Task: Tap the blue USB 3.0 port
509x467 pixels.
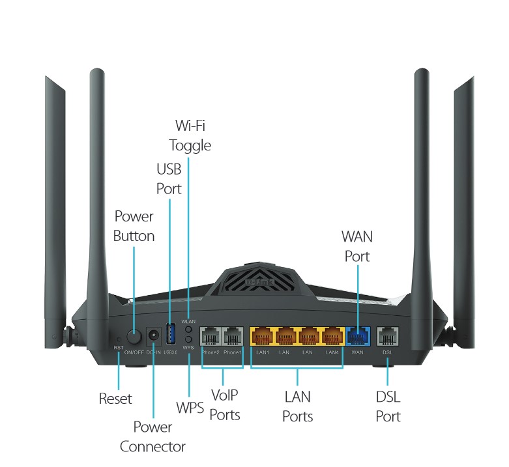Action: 171,334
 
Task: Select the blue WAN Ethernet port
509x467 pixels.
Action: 357,337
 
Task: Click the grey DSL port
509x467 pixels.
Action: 388,337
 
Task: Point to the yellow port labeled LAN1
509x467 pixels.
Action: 263,337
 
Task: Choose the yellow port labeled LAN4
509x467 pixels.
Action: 332,337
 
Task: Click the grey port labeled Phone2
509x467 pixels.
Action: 211,337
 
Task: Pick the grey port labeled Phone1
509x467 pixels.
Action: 233,337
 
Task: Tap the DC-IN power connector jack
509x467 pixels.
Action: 154,337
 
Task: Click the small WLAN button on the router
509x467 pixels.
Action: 188,330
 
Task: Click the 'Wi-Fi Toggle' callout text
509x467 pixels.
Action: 190,135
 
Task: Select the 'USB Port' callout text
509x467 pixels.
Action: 169,179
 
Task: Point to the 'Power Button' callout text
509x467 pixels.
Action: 134,225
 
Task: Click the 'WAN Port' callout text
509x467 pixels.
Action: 357,246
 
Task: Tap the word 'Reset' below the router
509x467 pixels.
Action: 115,399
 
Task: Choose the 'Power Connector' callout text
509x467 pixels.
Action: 153,436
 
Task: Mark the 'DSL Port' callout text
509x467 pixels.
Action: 388,406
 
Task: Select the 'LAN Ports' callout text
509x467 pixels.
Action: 297,406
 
